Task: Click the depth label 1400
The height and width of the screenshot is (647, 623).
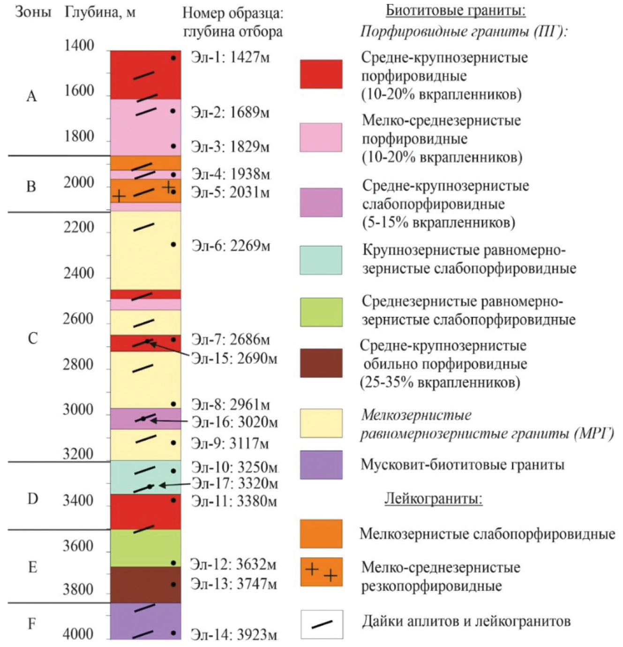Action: [79, 46]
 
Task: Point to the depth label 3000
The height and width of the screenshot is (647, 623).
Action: [78, 410]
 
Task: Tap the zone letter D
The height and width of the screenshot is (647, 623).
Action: [32, 498]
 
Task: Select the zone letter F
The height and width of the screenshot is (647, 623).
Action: [32, 624]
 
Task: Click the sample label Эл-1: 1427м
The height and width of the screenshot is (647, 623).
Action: [230, 57]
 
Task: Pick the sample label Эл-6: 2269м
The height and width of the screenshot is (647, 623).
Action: [231, 246]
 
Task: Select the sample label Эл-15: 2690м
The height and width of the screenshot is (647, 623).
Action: [234, 358]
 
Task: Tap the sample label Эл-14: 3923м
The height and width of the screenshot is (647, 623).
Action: [233, 635]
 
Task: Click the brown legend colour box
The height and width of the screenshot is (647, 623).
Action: [321, 363]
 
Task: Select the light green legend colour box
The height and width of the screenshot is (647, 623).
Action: [321, 312]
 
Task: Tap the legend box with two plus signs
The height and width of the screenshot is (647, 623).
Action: [321, 572]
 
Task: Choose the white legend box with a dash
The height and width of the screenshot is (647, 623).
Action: [322, 624]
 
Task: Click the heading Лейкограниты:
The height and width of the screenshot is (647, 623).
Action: [433, 498]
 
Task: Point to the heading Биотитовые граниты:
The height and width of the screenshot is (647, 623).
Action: [455, 10]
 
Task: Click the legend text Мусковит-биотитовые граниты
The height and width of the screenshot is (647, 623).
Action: [462, 464]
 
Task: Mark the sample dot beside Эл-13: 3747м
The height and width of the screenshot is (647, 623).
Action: [173, 585]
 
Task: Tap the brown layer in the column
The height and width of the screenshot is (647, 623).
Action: [145, 585]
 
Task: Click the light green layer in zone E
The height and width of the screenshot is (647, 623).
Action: [145, 548]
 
